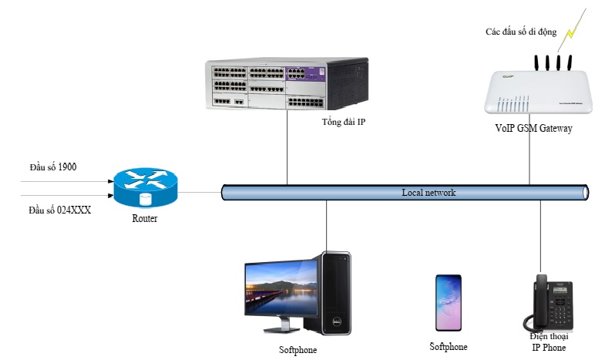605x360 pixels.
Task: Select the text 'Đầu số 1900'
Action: (x=52, y=167)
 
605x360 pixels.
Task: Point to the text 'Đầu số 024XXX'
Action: (x=59, y=209)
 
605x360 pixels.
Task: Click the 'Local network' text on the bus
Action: (x=429, y=192)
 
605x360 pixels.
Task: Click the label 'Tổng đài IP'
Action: (x=343, y=123)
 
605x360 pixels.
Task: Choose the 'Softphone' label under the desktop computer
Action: (x=297, y=350)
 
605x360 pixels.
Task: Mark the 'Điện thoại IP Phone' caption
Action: (x=549, y=342)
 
